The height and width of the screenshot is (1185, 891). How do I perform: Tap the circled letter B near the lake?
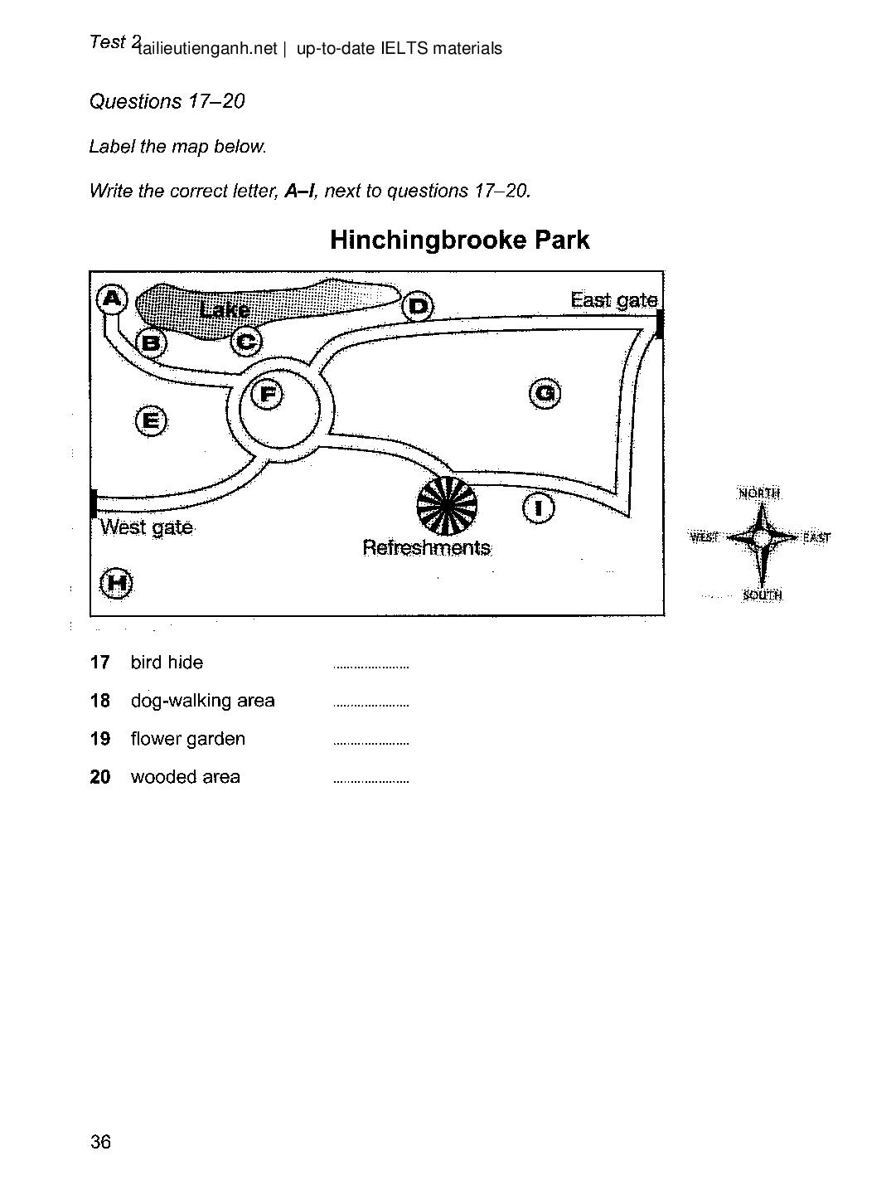coord(151,342)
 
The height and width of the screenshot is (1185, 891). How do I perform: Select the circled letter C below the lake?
coord(246,341)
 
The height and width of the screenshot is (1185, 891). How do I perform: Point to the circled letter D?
coord(418,307)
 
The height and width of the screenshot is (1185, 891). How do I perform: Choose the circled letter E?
coord(150,420)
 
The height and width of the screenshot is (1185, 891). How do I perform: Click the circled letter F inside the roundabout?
coord(268,394)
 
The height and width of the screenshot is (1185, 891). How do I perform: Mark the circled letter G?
coord(545,392)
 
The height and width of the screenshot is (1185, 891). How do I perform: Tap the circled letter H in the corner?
coord(116,583)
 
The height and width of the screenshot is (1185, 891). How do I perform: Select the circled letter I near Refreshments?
coord(539,507)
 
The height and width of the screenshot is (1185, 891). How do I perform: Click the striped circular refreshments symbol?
coord(447,505)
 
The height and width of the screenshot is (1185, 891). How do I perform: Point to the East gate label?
coord(613,300)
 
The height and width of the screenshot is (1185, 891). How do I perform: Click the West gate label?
coord(147,527)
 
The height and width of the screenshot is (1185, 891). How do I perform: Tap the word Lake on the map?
coord(225,310)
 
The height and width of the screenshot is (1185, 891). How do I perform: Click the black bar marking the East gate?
coord(660,323)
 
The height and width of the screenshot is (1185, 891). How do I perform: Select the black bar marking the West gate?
coord(93,503)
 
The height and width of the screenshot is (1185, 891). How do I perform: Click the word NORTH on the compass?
coord(758,493)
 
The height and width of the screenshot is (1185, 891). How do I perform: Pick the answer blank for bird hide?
coord(370,665)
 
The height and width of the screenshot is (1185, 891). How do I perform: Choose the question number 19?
coord(99,739)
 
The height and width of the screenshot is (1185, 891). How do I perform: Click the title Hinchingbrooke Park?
coord(459,240)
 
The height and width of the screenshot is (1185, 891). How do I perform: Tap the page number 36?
coord(100,1142)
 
